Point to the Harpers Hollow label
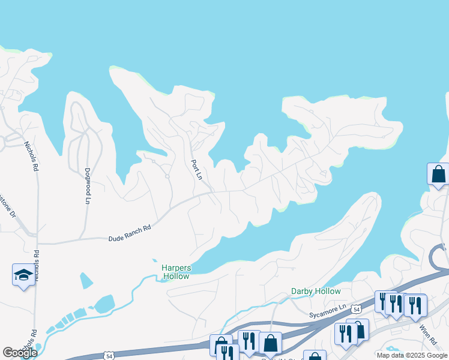(x=175, y=272)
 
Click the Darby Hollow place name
(x=316, y=291)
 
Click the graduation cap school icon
(x=23, y=275)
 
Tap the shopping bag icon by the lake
(x=438, y=175)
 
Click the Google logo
(x=20, y=353)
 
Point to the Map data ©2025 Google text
(x=412, y=355)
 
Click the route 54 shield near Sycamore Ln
(x=357, y=309)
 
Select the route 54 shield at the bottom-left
(x=109, y=356)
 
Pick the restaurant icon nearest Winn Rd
(x=415, y=305)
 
